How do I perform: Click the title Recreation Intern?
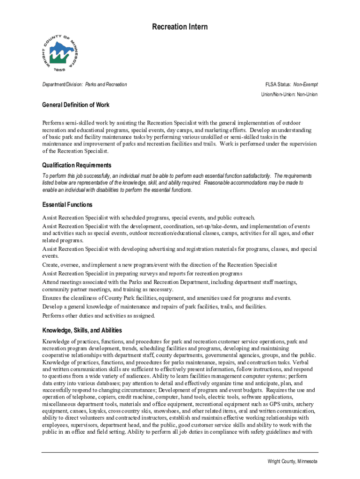pos(180,27)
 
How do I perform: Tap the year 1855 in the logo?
pos(59,69)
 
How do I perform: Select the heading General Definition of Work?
pos(76,105)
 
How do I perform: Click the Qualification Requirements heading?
pos(77,165)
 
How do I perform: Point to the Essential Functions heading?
pos(67,205)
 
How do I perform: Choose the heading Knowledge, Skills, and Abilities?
pos(82,330)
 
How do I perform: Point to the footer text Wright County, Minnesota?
pos(292,461)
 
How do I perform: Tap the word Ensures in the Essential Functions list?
pos(52,298)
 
